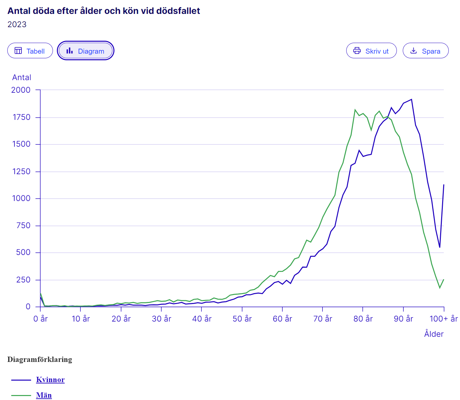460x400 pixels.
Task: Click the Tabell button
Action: tap(30, 51)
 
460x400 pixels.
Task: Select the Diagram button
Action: tap(86, 51)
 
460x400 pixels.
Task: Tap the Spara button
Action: tap(425, 51)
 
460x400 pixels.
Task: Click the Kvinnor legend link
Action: tap(50, 379)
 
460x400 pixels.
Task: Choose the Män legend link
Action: tap(44, 395)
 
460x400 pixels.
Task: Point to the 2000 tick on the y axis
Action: tap(21, 90)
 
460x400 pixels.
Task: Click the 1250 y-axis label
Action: tap(21, 172)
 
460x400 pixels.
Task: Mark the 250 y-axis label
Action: tap(23, 280)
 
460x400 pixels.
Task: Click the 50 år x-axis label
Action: tap(242, 319)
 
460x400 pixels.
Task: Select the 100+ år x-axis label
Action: tap(443, 319)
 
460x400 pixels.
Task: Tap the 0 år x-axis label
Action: tap(40, 319)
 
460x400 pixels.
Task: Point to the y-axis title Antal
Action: tap(21, 77)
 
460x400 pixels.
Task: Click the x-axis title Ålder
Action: tap(434, 334)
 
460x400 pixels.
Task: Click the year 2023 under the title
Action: tap(17, 25)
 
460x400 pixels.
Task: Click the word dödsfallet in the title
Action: tap(178, 11)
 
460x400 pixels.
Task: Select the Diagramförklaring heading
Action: tap(40, 359)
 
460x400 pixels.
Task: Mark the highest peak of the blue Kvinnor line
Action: tap(411, 99)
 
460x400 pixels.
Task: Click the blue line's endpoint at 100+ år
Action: tap(443, 185)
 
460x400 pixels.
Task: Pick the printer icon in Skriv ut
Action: tap(357, 51)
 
